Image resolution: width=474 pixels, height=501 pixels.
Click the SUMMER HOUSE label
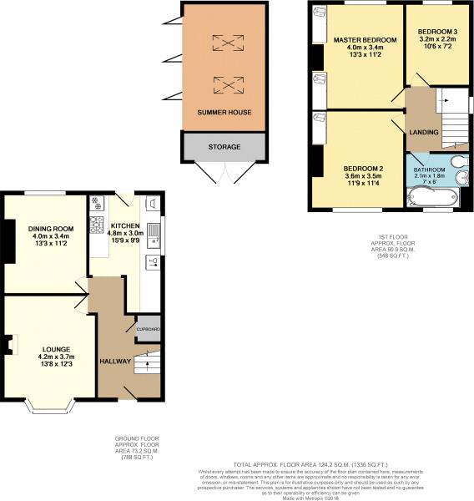[224, 112]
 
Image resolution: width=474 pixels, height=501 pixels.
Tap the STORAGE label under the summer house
[224, 147]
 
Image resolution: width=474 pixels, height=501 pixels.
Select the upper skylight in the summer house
[224, 43]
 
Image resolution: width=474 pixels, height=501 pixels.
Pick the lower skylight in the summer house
[224, 84]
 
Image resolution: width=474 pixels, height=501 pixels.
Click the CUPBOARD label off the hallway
[149, 330]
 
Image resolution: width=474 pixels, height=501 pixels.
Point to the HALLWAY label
[115, 361]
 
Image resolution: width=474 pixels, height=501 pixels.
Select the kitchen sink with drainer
[154, 235]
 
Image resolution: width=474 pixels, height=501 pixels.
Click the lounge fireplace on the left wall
[8, 344]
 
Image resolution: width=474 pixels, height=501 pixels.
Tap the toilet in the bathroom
[459, 163]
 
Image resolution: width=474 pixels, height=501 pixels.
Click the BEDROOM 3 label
[439, 31]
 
